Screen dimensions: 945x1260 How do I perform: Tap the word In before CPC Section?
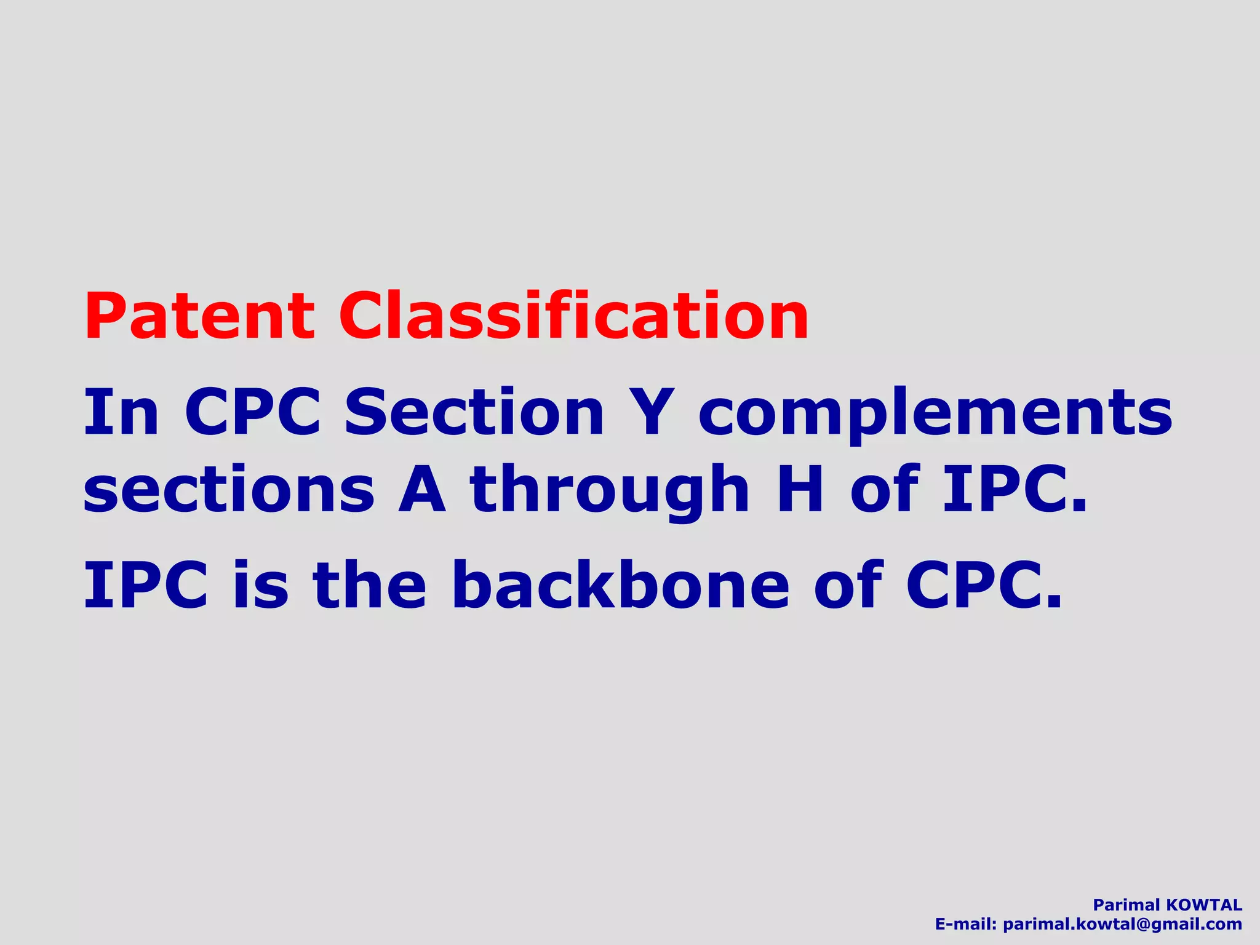click(x=121, y=412)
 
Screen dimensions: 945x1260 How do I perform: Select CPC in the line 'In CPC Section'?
click(x=252, y=412)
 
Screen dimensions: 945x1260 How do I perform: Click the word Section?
click(x=474, y=412)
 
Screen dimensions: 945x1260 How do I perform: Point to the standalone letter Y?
click(x=652, y=412)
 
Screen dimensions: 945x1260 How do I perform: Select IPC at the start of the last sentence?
click(x=146, y=586)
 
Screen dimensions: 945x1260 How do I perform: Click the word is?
click(x=260, y=586)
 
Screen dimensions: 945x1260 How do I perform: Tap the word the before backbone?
click(x=369, y=586)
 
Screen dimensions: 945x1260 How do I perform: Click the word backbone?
click(x=620, y=586)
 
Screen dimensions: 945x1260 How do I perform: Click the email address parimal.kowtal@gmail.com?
click(x=1122, y=924)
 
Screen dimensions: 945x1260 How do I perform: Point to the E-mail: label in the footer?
click(x=965, y=924)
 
